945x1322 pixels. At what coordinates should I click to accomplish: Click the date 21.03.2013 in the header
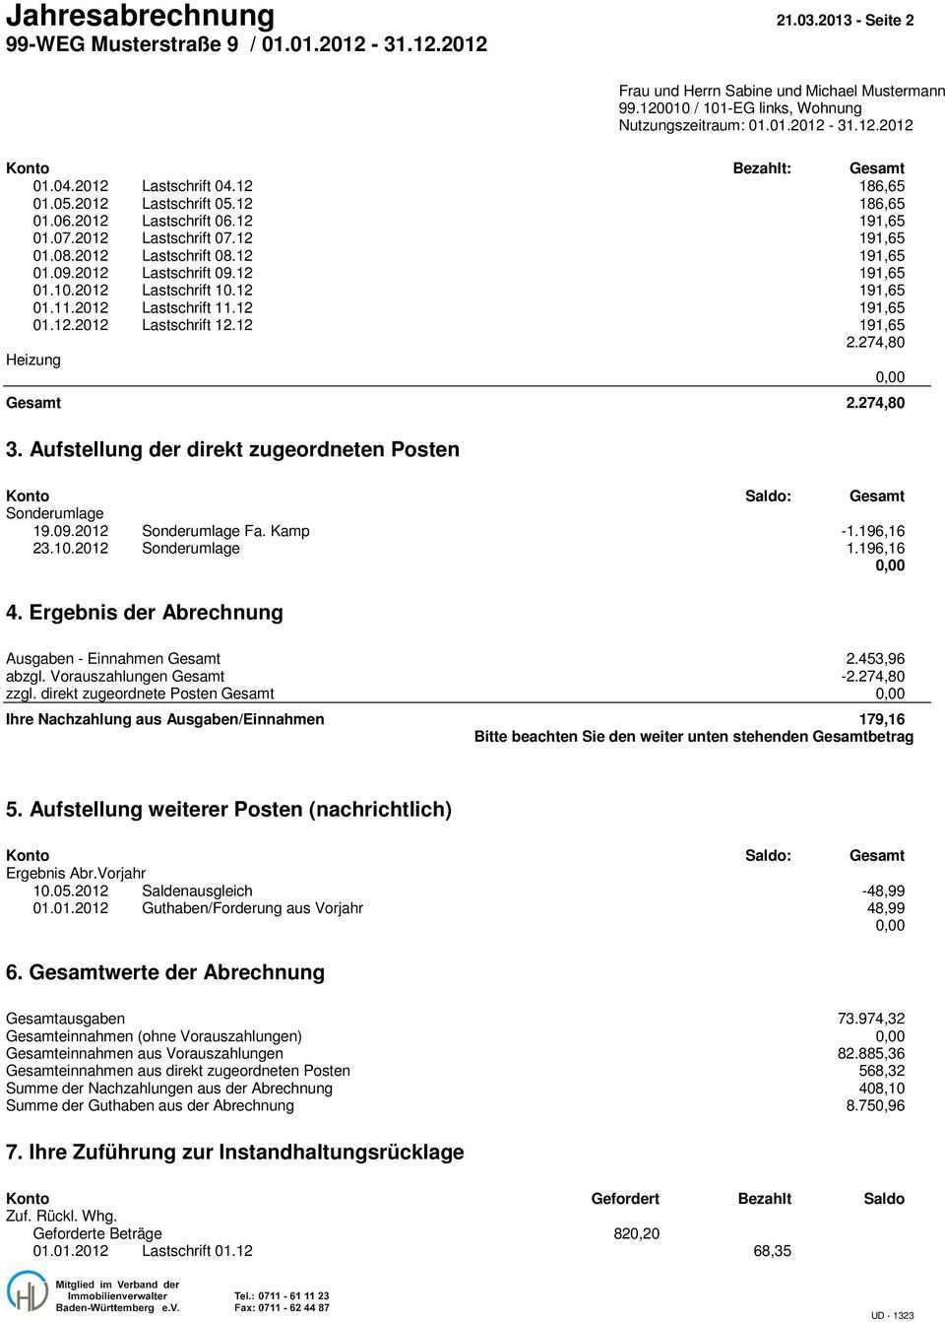click(x=810, y=20)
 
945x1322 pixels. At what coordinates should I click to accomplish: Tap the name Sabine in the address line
click(x=749, y=91)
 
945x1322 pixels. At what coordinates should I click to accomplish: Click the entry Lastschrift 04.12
click(x=197, y=185)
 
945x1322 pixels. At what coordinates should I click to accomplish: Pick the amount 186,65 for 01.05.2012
click(x=883, y=203)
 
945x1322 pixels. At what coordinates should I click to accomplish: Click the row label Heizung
click(x=32, y=360)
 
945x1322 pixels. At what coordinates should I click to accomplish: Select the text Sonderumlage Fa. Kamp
click(x=225, y=531)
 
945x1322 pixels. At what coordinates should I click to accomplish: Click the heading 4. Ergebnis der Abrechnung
click(x=145, y=612)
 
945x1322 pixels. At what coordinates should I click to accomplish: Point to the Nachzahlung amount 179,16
click(x=882, y=719)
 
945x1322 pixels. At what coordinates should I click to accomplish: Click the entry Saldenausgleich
click(x=197, y=891)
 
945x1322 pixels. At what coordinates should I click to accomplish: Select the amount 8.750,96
click(x=875, y=1105)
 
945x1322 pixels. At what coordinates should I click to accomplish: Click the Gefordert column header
click(x=625, y=1199)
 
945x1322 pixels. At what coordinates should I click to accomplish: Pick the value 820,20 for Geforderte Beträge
click(x=637, y=1233)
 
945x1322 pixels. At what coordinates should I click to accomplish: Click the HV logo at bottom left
click(x=28, y=1289)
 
